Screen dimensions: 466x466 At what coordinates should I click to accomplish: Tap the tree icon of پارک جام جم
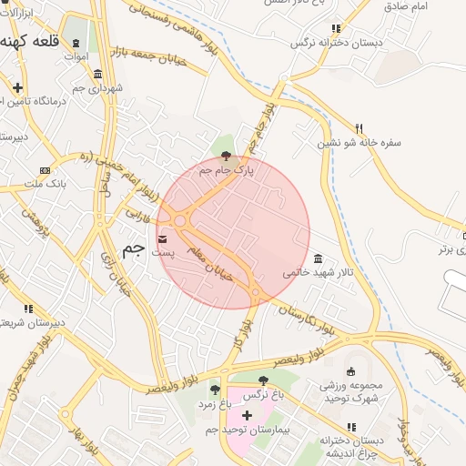pyautogui.click(x=227, y=156)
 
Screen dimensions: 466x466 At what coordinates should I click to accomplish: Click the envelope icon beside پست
pyautogui.click(x=162, y=239)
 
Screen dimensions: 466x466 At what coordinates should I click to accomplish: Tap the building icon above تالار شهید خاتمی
pyautogui.click(x=317, y=258)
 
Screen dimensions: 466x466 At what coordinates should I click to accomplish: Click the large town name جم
pyautogui.click(x=133, y=248)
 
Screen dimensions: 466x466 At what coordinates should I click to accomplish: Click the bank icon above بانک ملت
pyautogui.click(x=45, y=171)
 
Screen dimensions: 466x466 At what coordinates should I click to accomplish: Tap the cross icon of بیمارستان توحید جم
pyautogui.click(x=246, y=415)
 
